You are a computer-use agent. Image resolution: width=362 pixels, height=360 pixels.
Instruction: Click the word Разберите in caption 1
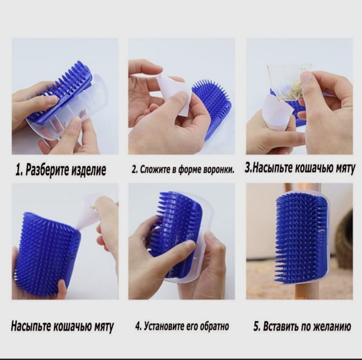point(47,170)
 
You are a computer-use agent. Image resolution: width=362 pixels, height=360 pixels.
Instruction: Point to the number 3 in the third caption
point(247,168)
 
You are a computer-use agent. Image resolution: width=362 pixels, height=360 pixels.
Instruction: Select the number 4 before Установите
point(138,326)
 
